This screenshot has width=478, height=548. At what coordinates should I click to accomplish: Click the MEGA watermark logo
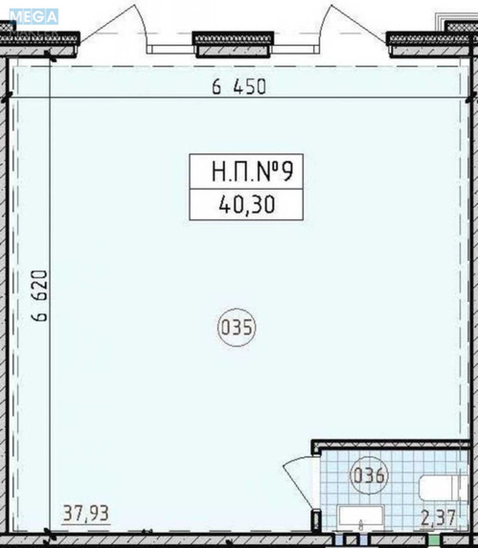34,17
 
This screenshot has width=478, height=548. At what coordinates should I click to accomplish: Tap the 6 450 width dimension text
239,87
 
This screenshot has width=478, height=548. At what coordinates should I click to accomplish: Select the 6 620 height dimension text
39,296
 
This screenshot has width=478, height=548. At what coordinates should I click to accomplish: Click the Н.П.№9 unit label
252,171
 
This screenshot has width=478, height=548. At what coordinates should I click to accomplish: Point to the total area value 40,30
247,204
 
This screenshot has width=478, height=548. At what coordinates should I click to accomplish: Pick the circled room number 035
237,327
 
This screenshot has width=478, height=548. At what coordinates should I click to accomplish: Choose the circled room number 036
369,475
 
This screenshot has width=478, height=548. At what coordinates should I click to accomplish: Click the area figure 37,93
86,513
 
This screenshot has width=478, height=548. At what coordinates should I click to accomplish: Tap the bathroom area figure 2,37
438,518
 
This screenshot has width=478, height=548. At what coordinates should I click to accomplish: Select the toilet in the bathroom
442,488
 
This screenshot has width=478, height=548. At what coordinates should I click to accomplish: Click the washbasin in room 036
361,516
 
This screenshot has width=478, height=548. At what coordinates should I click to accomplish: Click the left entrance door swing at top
112,25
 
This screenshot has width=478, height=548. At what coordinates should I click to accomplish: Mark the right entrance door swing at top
353,25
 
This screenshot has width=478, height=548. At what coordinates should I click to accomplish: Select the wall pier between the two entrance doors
233,44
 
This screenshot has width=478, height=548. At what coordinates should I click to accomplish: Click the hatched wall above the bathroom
390,445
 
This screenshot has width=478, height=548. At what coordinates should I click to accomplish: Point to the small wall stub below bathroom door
316,521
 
